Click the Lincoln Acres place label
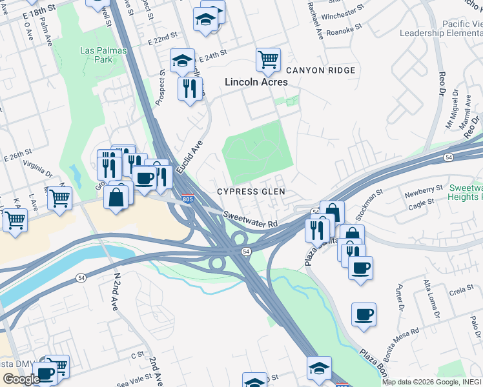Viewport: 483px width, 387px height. tap(256, 83)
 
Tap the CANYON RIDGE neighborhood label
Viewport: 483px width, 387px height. tap(320, 70)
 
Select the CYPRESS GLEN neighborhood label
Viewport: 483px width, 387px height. tap(251, 192)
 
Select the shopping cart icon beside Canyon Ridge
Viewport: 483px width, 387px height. tap(268, 59)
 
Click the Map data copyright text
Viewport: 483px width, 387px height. tap(431, 382)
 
